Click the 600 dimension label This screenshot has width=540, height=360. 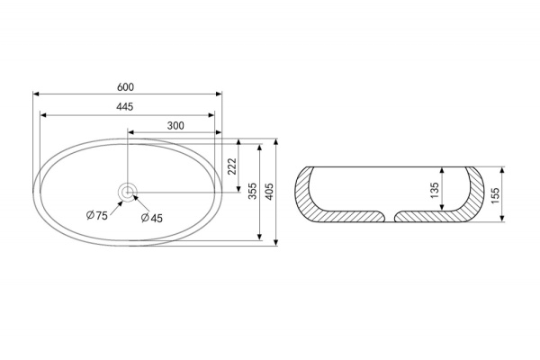[125, 87]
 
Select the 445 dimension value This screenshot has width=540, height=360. [124, 107]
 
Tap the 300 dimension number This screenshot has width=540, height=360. [175, 126]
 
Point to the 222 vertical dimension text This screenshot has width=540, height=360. [232, 166]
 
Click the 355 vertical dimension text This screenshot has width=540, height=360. [253, 191]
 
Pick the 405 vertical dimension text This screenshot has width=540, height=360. [269, 191]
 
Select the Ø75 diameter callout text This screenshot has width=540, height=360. [97, 216]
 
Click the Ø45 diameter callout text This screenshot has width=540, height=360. [152, 218]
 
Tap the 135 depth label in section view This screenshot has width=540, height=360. [435, 190]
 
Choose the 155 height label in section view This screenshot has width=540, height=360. [495, 195]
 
